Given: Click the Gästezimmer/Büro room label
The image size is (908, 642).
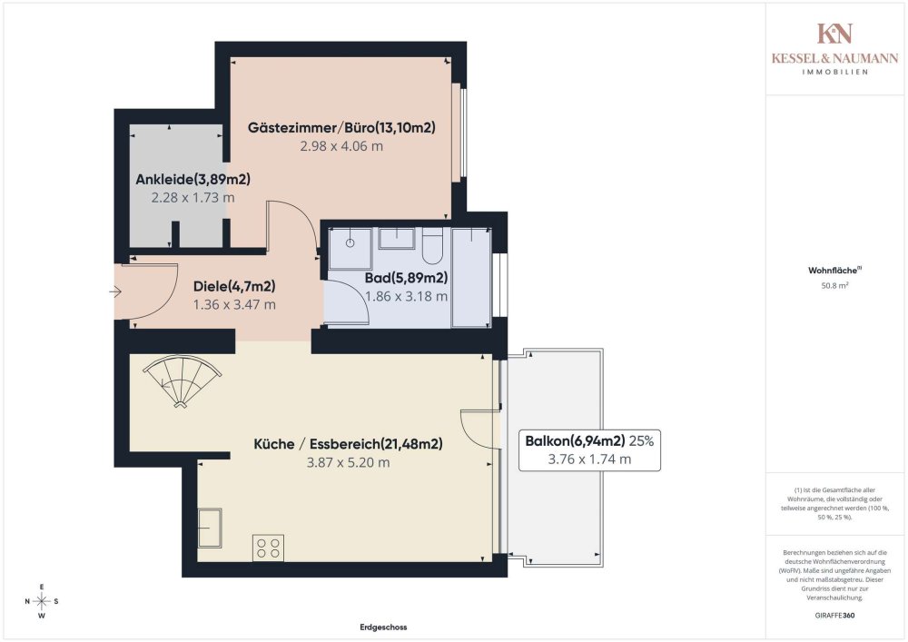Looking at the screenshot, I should pos(342,128).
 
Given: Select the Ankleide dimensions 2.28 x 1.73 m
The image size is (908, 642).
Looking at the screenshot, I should pos(192,197).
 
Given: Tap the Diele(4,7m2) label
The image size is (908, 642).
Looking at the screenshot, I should pos(234,287).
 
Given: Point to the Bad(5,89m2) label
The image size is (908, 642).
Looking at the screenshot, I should pos(406,278).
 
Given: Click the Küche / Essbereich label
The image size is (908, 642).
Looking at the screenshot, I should pos(348,444).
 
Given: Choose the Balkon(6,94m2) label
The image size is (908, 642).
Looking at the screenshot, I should pos(575,441).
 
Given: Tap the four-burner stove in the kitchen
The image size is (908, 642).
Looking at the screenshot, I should pos(268,548).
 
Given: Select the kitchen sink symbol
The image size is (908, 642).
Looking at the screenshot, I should pos(211,529).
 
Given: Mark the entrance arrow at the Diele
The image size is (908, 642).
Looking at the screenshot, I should pos(115,291).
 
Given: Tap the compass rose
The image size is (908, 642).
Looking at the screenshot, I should pos(42,601).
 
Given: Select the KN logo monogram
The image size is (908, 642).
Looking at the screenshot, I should pos(834,35).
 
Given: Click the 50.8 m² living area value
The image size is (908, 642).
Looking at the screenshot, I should pos(834,285).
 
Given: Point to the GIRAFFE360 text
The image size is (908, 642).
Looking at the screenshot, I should pos(834,616).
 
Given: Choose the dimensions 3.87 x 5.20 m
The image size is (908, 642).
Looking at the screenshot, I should pos(348,462).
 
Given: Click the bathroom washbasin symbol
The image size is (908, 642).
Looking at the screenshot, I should pos(396,239).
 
